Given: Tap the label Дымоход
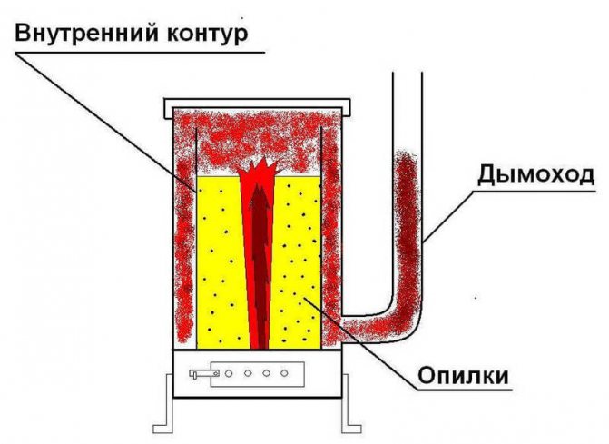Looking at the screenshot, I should (x=535, y=174).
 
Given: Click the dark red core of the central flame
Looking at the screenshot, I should (x=260, y=263).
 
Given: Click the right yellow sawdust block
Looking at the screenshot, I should (x=299, y=263).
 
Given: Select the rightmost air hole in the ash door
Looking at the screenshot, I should (x=286, y=372).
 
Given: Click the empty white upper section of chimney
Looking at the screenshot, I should (x=408, y=109).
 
